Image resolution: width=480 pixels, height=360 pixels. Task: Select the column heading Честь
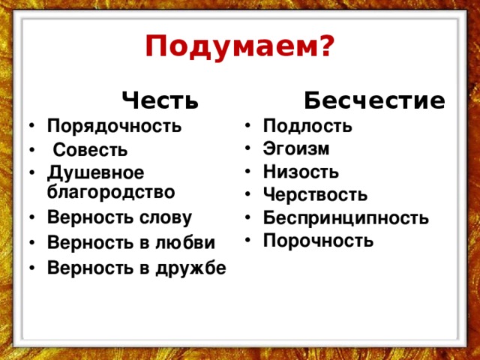tap(160, 100)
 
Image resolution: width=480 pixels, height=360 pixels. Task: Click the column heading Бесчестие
tap(374, 100)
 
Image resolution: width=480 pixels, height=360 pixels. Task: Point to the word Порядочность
tap(115, 126)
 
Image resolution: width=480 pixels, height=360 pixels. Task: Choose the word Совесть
tap(90, 150)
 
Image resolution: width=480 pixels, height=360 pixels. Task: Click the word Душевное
tap(95, 173)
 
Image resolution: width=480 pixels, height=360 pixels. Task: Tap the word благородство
tap(111, 192)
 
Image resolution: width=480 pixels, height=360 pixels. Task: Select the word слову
tap(166, 218)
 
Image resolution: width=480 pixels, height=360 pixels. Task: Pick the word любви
tap(185, 241)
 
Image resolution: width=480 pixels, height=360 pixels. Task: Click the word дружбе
tap(191, 267)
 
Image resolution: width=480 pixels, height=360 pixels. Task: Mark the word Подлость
tap(307, 126)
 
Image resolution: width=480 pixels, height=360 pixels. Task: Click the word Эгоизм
tap(296, 148)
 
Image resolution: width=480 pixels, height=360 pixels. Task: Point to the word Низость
tap(301, 172)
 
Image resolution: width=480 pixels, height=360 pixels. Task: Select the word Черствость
tap(315, 194)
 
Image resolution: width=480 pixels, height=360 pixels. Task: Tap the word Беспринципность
tap(346, 218)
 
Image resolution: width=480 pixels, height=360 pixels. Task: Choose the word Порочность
tap(318, 241)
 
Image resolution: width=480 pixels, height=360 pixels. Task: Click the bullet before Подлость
tap(248, 125)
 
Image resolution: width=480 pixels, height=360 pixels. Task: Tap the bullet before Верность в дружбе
tap(32, 267)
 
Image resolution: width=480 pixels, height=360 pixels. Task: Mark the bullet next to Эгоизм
tap(248, 148)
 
